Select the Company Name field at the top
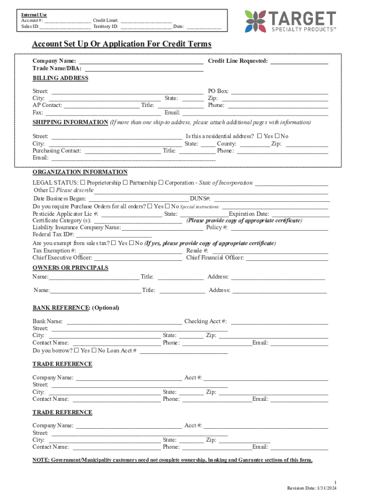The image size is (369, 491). [141, 61]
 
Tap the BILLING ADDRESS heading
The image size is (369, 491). [60, 78]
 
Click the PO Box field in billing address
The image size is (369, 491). [279, 91]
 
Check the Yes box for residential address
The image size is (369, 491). [260, 136]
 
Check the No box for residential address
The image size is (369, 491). [277, 136]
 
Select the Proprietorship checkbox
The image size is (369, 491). [83, 183]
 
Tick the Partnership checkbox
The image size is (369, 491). [125, 183]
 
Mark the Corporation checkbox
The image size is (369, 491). [161, 183]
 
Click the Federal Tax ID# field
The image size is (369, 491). [114, 234]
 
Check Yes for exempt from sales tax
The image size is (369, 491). [114, 243]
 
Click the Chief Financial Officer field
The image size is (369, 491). [287, 258]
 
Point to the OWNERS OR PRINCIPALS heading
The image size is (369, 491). [70, 268]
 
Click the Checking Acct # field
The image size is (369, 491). [279, 322]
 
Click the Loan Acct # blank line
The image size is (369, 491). [183, 351]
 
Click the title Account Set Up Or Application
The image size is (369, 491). [121, 44]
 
